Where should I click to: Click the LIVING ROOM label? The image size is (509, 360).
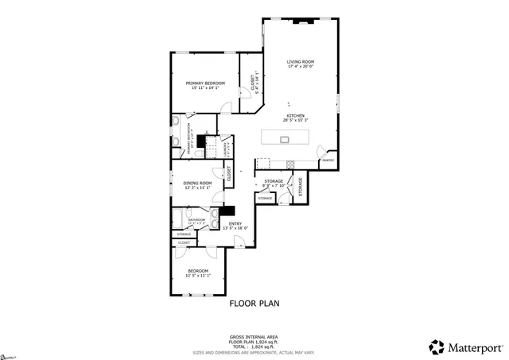301,62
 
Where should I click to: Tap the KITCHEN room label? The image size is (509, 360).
294,115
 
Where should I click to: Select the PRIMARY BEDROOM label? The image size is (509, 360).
205,83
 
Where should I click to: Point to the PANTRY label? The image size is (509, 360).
327,161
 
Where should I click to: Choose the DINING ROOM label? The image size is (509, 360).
196,183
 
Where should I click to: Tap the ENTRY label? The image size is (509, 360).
235,223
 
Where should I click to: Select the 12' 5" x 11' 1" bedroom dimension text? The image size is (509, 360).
197,277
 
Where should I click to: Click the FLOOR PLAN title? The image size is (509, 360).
254,303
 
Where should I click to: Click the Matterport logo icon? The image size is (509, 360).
437,346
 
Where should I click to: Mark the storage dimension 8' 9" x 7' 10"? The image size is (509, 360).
274,186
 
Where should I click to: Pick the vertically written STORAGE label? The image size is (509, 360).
301,187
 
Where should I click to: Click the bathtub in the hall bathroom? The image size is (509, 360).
177,220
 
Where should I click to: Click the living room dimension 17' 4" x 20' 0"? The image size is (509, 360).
301,67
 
